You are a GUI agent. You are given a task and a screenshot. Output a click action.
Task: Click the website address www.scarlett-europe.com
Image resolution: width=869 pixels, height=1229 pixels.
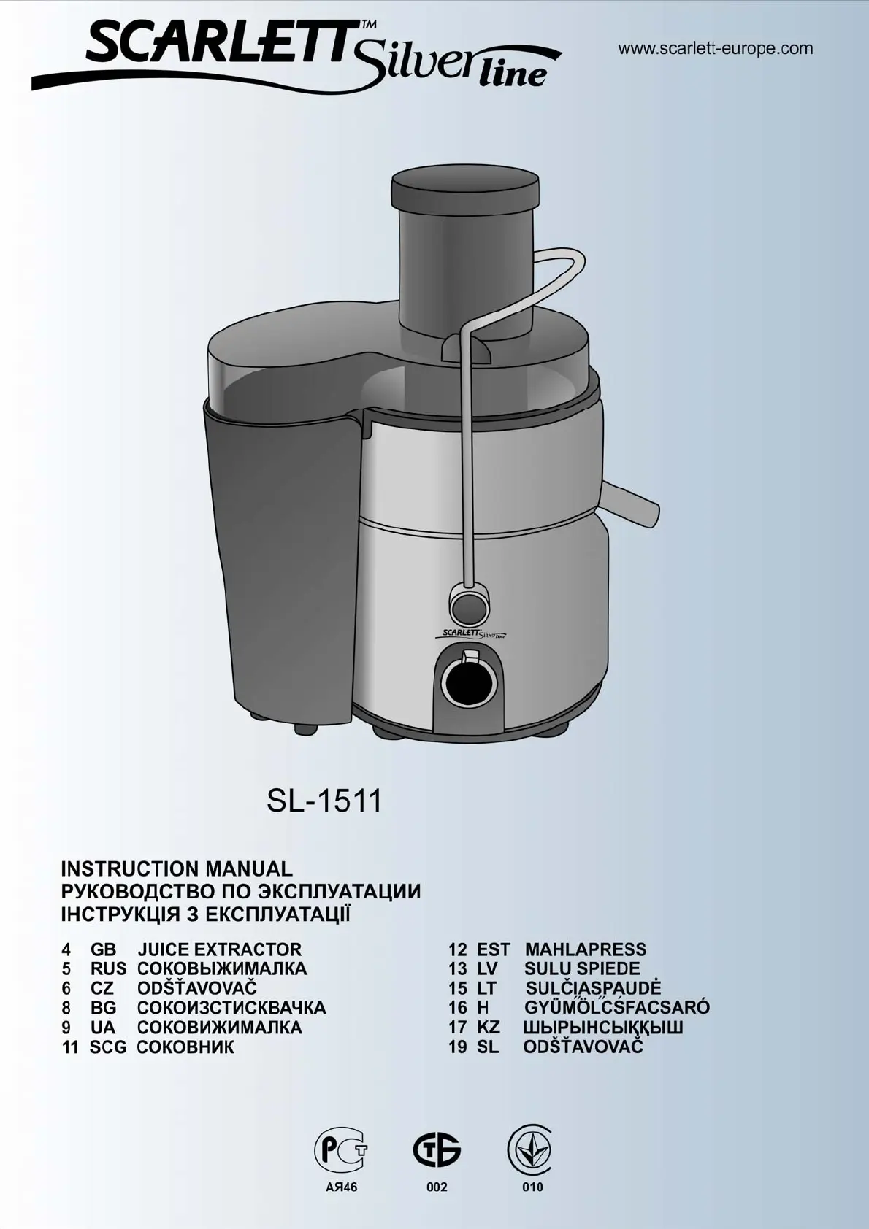coord(716,49)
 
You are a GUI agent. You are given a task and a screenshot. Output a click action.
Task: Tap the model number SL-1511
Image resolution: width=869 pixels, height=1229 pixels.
coord(324,801)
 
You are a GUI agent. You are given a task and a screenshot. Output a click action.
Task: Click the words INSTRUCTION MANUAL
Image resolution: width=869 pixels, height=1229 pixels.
coord(177,869)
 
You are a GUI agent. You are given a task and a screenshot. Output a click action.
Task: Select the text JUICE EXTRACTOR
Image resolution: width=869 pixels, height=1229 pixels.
coord(220,949)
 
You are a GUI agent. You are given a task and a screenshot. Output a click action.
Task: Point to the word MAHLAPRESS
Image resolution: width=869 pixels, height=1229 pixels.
coord(586,949)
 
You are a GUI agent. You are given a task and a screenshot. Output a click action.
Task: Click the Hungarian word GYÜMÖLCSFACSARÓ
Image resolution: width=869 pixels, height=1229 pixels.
coord(617,1006)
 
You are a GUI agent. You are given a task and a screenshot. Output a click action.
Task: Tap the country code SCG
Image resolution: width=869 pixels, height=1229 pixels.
coord(108,1047)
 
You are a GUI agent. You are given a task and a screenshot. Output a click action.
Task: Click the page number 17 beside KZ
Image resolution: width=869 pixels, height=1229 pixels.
coord(458,1027)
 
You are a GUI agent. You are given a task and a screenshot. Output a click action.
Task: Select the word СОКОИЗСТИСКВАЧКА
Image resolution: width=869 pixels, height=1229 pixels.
coord(231,1008)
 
